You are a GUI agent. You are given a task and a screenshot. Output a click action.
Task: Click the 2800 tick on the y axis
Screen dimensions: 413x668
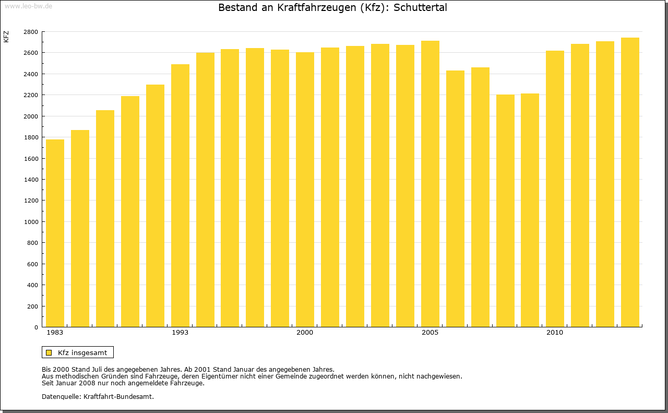(31, 32)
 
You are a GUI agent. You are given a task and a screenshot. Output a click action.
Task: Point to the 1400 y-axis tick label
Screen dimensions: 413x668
(31, 180)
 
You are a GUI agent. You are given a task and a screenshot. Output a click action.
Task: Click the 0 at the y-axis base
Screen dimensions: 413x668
(36, 327)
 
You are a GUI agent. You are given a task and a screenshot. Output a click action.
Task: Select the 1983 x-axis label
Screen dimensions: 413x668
(55, 333)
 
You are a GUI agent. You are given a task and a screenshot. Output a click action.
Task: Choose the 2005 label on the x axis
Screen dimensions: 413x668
(430, 333)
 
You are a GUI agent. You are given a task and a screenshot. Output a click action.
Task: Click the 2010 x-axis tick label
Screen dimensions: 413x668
(555, 333)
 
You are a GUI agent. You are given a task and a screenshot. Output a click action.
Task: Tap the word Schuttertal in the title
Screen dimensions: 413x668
(420, 8)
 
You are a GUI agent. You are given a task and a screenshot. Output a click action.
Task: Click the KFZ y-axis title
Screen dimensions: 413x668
(6, 37)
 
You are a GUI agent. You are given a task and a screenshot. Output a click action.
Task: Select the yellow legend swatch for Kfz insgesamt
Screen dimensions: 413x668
(49, 352)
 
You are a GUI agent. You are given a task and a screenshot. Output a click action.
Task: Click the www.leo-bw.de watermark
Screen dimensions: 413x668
(28, 5)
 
